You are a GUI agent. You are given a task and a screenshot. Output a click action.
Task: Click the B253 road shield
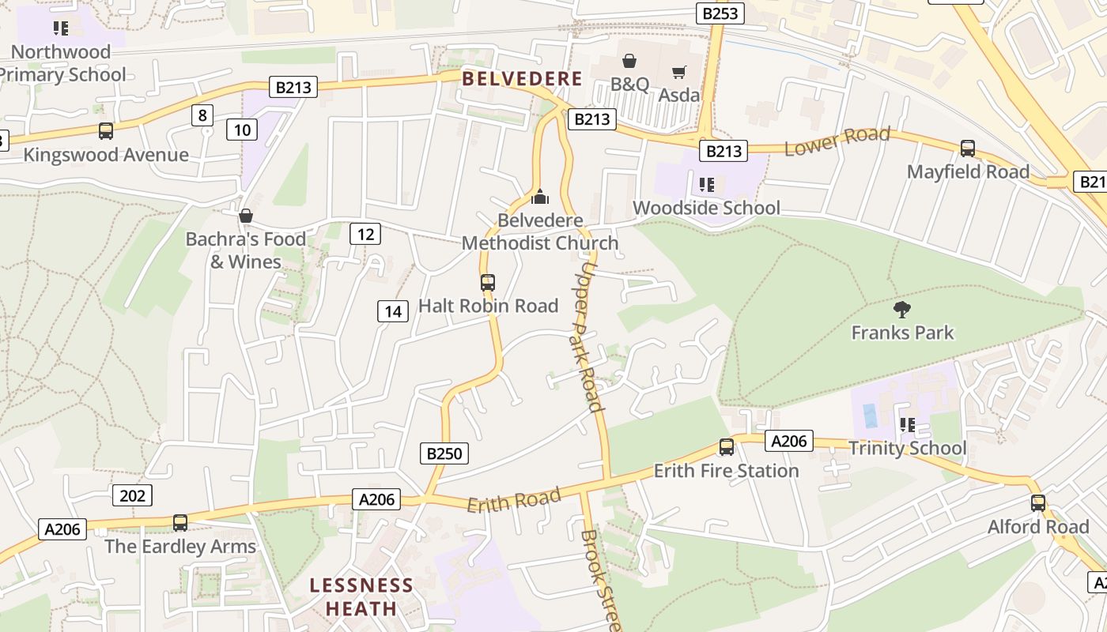[720, 13]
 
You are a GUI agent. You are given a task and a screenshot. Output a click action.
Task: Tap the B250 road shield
[443, 453]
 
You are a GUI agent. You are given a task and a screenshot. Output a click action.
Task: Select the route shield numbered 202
[133, 495]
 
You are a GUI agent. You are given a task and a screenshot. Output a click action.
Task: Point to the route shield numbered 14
[392, 311]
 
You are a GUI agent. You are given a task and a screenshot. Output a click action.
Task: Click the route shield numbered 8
[202, 115]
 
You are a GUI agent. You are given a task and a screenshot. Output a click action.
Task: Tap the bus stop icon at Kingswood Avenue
[105, 131]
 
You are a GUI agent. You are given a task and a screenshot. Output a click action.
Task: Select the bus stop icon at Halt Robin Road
[488, 282]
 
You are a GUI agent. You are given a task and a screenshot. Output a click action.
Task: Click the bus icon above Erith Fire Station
[726, 447]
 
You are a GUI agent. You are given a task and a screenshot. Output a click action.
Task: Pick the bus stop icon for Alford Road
[1037, 503]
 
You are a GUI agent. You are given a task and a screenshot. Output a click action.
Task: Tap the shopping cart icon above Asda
[678, 73]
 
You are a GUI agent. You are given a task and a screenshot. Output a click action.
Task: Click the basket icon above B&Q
[629, 61]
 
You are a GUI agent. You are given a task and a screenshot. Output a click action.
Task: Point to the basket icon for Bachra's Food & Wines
[246, 216]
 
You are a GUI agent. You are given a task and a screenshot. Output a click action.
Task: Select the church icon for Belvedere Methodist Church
[540, 197]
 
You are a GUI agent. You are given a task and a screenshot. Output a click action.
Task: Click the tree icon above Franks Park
[901, 309]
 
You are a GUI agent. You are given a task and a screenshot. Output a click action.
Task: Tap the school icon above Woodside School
[706, 185]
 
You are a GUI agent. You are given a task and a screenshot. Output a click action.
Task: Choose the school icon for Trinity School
[907, 425]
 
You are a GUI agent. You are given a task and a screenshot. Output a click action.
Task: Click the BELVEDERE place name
[522, 79]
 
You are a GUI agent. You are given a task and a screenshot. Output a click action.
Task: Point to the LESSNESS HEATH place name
[361, 596]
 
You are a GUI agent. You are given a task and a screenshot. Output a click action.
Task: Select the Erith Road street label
[514, 500]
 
